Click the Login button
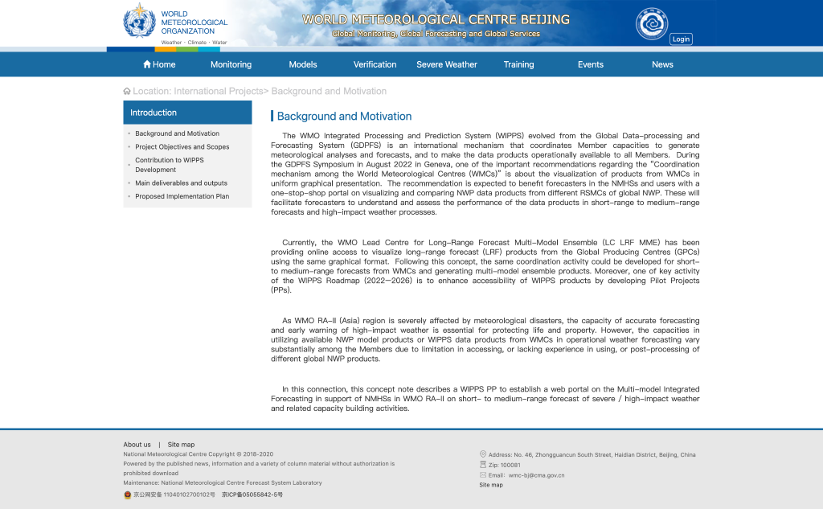coord(681,39)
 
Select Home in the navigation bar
coord(159,64)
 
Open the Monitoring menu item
coord(231,64)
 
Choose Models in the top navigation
coord(303,64)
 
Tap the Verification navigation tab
coord(375,64)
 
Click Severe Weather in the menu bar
coord(447,64)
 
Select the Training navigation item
coord(518,64)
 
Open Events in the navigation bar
coord(591,64)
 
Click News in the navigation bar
coord(662,64)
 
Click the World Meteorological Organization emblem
coord(139,22)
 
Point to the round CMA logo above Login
coord(652,23)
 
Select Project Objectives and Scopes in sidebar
coord(182,147)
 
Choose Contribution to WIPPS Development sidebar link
coord(169,165)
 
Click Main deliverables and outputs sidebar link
coord(181,183)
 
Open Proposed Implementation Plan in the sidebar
coord(182,196)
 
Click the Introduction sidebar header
coord(154,113)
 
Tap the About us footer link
coord(137,445)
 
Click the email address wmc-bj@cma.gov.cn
coord(536,475)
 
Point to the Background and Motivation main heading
coord(344,116)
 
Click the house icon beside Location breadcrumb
coord(127,92)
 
